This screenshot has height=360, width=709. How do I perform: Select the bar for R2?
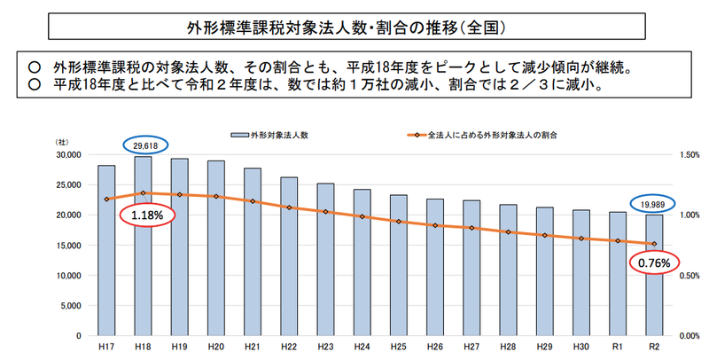[x=654, y=284]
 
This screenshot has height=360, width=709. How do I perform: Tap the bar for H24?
[x=362, y=266]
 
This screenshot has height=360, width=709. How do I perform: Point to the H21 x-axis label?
[x=252, y=348]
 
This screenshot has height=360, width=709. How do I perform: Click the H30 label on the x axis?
[x=581, y=348]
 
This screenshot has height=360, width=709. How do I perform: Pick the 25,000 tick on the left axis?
[x=69, y=184]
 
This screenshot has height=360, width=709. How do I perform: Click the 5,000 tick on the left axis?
[x=72, y=306]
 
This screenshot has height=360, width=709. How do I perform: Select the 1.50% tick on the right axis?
[x=685, y=154]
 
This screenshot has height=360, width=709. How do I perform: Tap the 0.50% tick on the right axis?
[x=685, y=276]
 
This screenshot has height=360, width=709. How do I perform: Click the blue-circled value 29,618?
[x=142, y=145]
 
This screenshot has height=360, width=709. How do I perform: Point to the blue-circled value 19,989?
[x=654, y=203]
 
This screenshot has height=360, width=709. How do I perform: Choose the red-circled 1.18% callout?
[x=146, y=215]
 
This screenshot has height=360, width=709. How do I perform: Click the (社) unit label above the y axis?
[x=63, y=143]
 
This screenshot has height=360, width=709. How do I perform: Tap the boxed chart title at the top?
[x=354, y=27]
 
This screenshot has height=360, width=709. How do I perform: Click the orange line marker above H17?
[x=105, y=199]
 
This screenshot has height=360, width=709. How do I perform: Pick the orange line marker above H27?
[x=471, y=228]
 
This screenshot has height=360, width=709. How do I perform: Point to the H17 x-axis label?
[x=105, y=348]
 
